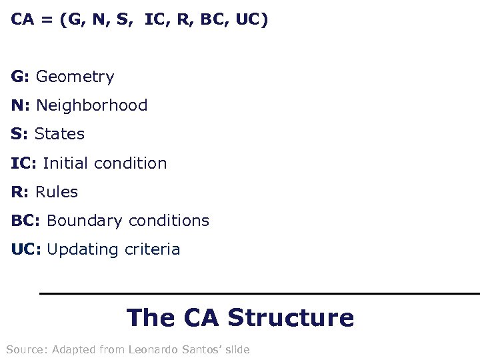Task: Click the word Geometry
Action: (75, 77)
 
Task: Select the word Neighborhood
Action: (92, 105)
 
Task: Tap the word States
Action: (59, 134)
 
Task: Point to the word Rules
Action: (57, 192)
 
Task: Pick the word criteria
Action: (152, 249)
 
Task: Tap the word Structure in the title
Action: (291, 317)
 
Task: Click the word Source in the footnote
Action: (26, 349)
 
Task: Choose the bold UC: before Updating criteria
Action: (26, 249)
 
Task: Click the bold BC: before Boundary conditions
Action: (26, 221)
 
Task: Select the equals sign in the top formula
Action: (47, 20)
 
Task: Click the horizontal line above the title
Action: (260, 293)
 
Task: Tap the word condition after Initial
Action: (131, 163)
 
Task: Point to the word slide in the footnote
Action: (238, 349)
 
